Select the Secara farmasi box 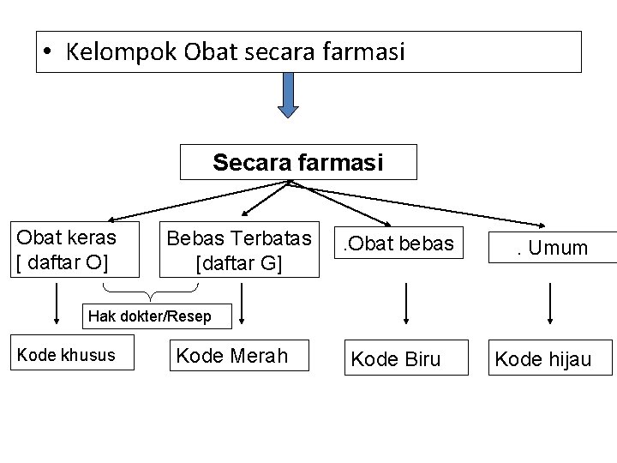coord(298,162)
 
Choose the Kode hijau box coord(554,358)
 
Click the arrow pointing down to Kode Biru coord(404,304)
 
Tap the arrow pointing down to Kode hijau coord(549,304)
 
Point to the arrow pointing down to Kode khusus coord(56,309)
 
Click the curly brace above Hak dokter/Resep coord(151,295)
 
